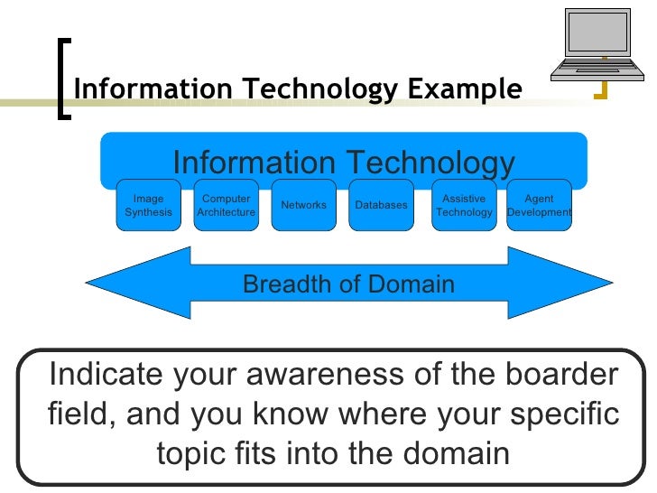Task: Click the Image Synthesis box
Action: pos(149,206)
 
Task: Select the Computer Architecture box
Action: pos(226,206)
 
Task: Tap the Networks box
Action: pos(303,206)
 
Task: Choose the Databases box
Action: pos(381,206)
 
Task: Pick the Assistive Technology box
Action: pos(464,206)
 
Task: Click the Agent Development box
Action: pos(539,206)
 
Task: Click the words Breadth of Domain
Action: pos(348,285)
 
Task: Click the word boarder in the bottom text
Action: pos(559,374)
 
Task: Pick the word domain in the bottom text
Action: pos(458,454)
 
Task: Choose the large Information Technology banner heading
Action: pos(343,163)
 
